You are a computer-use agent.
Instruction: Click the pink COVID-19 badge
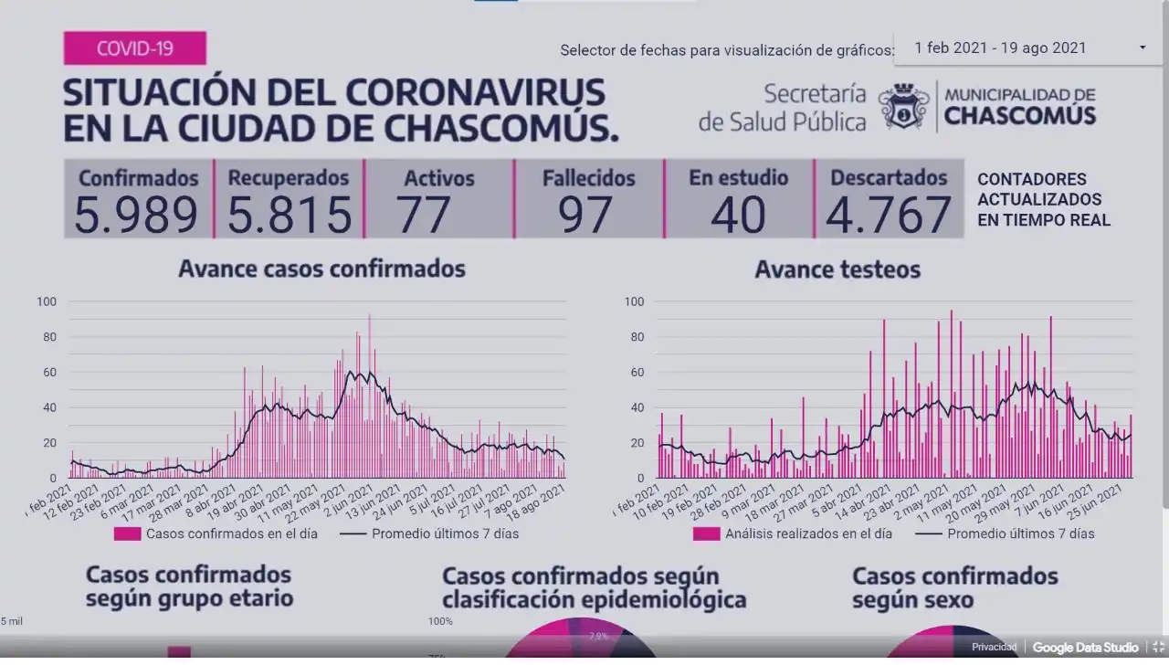pos(134,47)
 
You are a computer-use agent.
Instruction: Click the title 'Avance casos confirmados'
pos(321,269)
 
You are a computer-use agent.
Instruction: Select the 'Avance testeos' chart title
pos(837,269)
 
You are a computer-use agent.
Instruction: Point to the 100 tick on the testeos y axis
pos(633,301)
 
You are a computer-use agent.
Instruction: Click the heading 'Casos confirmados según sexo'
pos(954,588)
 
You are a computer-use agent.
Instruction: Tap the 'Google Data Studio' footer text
pos(1085,648)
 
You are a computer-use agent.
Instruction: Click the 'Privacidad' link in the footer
pos(994,648)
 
